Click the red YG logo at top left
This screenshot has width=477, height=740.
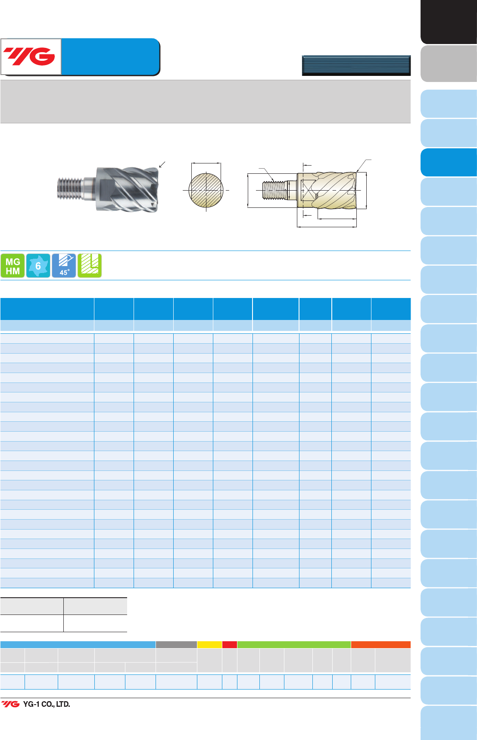click(29, 56)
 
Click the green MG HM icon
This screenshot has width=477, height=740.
click(12, 266)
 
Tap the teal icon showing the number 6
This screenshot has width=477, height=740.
click(38, 266)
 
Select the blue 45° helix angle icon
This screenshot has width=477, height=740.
click(64, 266)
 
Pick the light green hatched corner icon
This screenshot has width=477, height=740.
click(89, 266)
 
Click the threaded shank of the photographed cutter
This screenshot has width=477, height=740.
click(69, 189)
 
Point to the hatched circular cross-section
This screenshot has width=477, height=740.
click(206, 190)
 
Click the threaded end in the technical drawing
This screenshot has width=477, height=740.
click(274, 190)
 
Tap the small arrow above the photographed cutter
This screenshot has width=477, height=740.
click(162, 165)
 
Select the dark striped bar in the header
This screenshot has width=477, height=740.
click(356, 66)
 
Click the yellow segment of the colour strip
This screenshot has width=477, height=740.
click(209, 645)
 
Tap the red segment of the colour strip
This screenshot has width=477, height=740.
click(230, 645)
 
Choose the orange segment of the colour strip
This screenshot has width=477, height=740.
click(381, 645)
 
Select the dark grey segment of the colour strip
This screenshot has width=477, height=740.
click(176, 645)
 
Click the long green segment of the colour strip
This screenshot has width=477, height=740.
click(294, 645)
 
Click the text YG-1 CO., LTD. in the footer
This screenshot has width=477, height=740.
click(47, 704)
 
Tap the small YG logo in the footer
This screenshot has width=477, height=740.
click(10, 704)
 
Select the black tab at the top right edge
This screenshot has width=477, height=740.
click(449, 22)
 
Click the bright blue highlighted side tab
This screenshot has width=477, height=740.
click(449, 163)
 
